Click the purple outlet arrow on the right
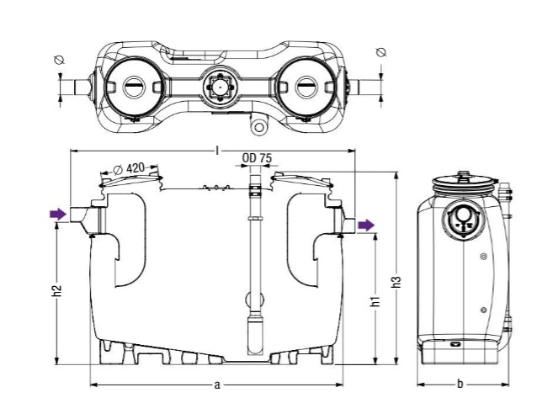[x=366, y=225]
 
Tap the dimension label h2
[x=57, y=291]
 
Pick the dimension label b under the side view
[x=460, y=385]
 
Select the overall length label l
[x=217, y=150]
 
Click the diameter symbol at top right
[x=380, y=52]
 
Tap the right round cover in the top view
[x=304, y=85]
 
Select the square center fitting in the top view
[x=218, y=85]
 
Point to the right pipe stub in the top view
[x=360, y=86]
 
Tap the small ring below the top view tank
[x=258, y=127]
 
